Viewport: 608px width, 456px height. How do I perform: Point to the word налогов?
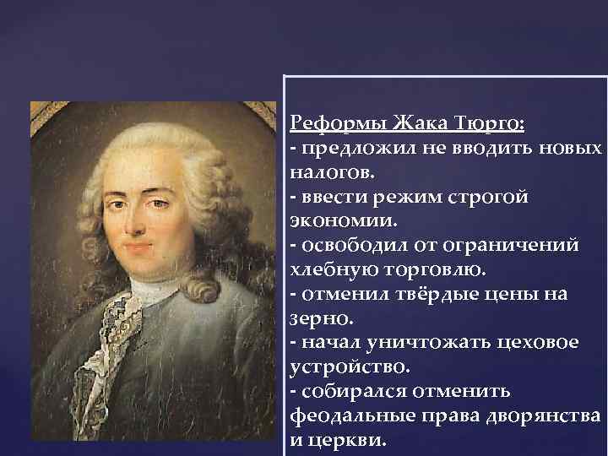pos(329,172)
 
